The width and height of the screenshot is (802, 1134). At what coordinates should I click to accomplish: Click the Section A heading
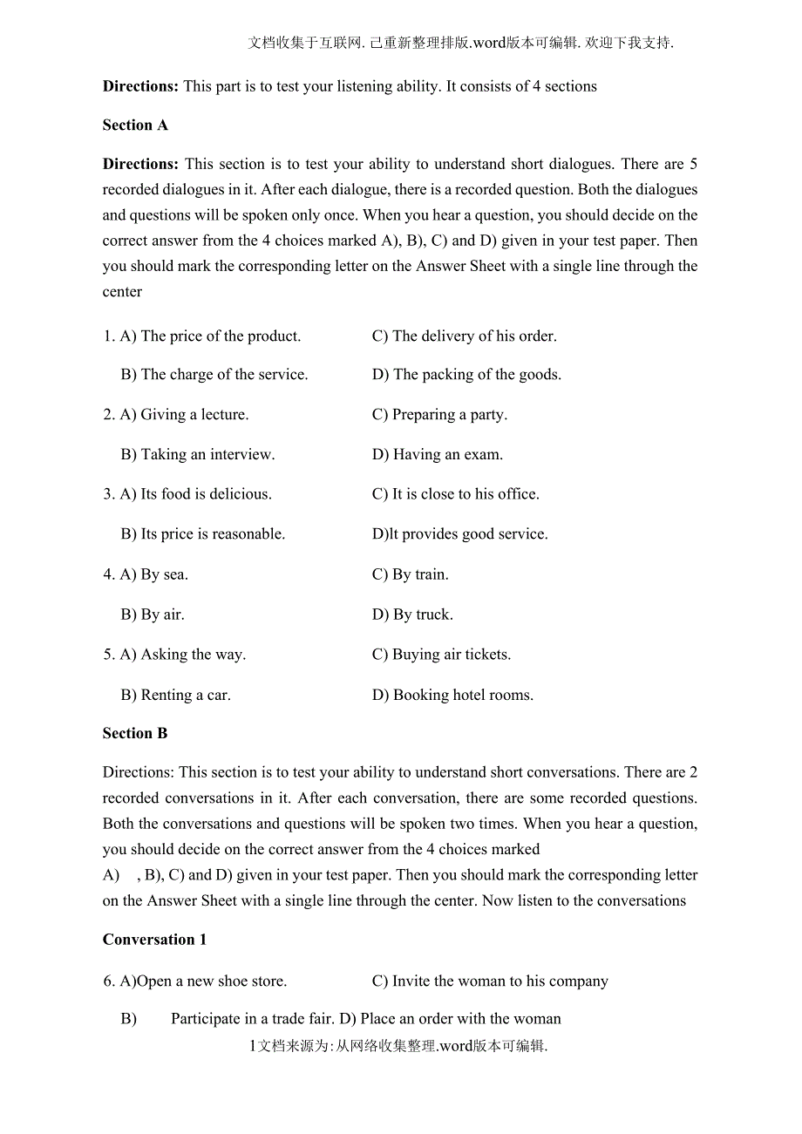[135, 126]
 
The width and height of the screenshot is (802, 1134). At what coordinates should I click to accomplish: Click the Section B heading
[135, 734]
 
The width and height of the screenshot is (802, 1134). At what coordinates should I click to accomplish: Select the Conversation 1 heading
[155, 940]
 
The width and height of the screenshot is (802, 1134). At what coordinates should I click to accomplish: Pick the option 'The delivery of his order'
[465, 336]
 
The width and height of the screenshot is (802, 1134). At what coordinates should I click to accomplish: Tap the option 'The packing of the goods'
[467, 375]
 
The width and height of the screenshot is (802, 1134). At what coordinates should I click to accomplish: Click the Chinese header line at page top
[461, 43]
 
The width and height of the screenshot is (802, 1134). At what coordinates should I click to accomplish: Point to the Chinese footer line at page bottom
[398, 1046]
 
